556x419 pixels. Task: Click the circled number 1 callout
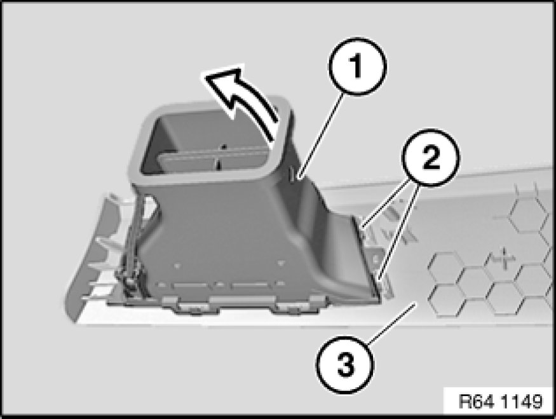[x=357, y=67]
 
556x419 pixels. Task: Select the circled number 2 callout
[x=430, y=158]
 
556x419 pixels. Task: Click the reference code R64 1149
[x=500, y=402]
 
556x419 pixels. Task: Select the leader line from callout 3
[x=392, y=323]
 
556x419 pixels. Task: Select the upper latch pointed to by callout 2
[x=365, y=229]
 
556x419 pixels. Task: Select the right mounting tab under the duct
[x=295, y=305]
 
